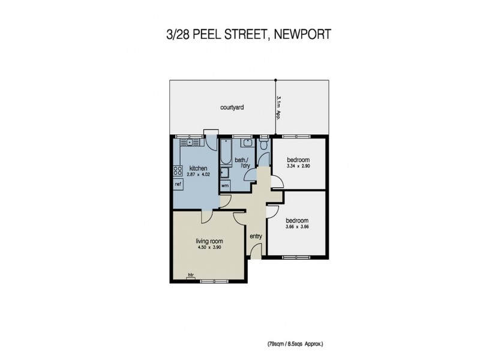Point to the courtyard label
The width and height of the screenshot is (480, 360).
(x=231, y=108)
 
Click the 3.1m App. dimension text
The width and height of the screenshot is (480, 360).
(x=278, y=107)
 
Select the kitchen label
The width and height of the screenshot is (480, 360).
(x=198, y=168)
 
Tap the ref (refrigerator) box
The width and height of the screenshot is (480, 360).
(x=178, y=184)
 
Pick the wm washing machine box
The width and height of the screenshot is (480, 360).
(x=225, y=185)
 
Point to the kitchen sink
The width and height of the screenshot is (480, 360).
(x=190, y=143)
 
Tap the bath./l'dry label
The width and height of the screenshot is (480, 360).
(x=242, y=163)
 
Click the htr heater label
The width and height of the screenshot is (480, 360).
(x=191, y=275)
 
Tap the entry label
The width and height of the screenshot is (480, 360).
(x=256, y=236)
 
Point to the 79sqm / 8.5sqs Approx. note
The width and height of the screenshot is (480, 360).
(x=295, y=344)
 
